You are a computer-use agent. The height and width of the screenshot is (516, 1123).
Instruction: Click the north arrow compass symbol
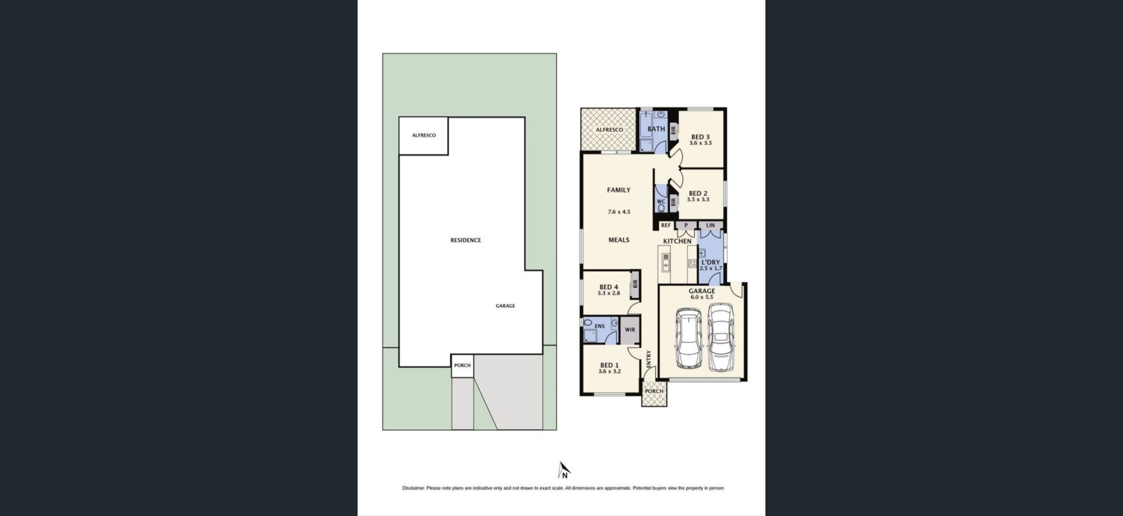click(x=564, y=470)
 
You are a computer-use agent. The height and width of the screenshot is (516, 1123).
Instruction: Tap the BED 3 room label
click(x=701, y=137)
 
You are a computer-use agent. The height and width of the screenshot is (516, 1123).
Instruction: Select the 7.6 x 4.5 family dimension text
click(x=619, y=212)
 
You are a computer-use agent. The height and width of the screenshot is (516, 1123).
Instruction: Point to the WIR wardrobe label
click(x=630, y=330)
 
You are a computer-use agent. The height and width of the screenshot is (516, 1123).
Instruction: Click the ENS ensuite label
click(x=600, y=326)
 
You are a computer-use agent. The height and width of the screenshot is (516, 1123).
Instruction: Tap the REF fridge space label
click(x=666, y=225)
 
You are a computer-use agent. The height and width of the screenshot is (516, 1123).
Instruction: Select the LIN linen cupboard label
click(x=711, y=225)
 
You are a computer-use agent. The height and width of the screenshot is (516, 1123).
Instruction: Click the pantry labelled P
click(x=686, y=225)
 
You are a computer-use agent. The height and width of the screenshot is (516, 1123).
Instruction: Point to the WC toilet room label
click(x=661, y=202)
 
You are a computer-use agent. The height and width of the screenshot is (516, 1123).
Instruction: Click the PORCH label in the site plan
click(x=462, y=365)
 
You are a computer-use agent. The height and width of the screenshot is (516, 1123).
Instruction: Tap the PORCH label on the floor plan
click(x=654, y=391)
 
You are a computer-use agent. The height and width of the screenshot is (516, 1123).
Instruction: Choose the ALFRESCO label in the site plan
click(x=424, y=135)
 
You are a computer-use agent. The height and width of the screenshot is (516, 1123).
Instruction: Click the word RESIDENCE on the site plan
click(x=465, y=240)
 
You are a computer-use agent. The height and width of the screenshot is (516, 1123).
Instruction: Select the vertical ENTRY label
click(x=649, y=359)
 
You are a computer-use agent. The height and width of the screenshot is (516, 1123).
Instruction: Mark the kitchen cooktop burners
click(x=692, y=263)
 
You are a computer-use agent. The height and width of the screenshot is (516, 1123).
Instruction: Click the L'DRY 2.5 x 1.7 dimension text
click(x=711, y=268)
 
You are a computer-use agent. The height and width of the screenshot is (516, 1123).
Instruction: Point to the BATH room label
click(x=656, y=129)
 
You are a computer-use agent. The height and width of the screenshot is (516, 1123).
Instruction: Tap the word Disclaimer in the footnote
click(x=413, y=488)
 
